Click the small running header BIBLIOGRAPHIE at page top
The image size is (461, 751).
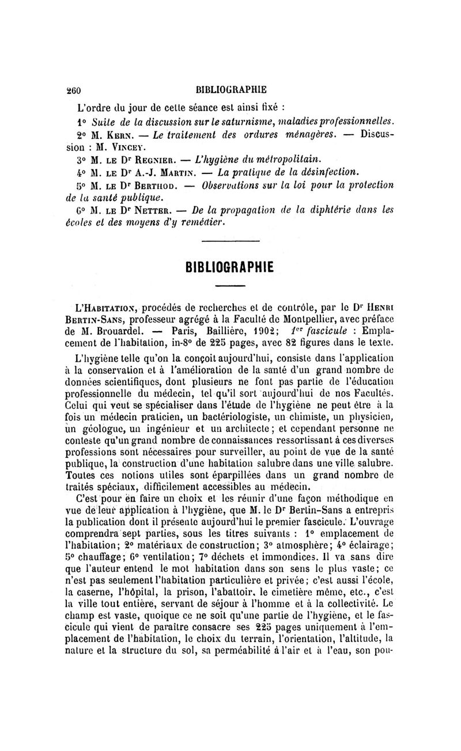pos(236,89)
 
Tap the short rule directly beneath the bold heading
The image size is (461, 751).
pos(230,286)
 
